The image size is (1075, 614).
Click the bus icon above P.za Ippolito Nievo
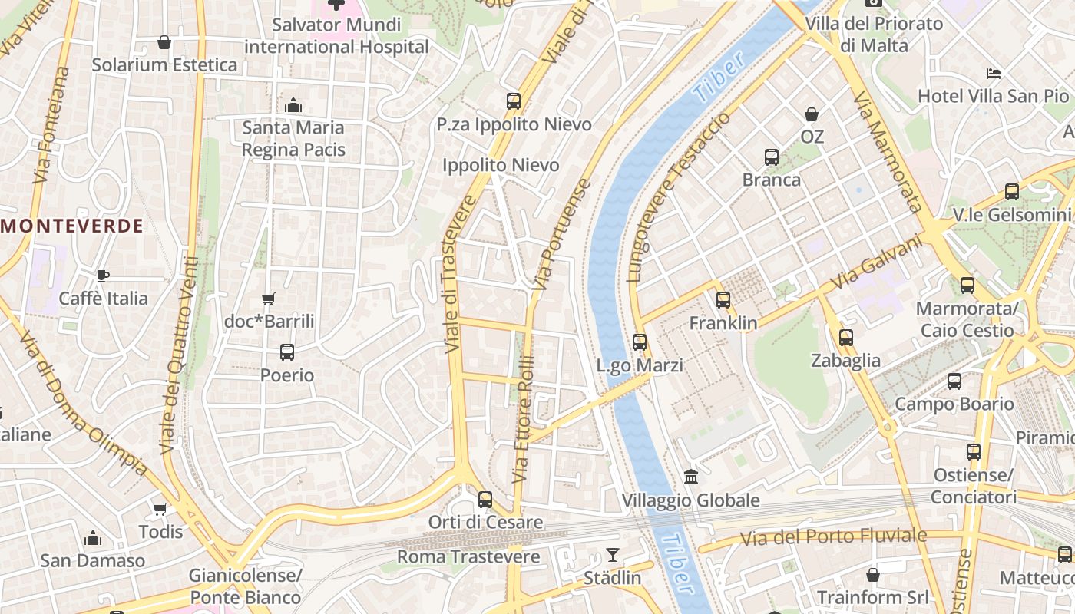pyautogui.click(x=514, y=101)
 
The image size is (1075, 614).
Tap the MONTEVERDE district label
pyautogui.click(x=73, y=226)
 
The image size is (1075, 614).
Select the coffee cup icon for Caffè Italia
pyautogui.click(x=103, y=276)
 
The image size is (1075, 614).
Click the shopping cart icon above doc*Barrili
pyautogui.click(x=268, y=299)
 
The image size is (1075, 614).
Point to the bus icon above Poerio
pyautogui.click(x=286, y=352)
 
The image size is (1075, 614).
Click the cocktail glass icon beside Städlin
pyautogui.click(x=612, y=554)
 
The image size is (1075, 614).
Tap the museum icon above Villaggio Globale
pyautogui.click(x=690, y=477)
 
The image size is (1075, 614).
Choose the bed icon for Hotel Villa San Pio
pyautogui.click(x=994, y=74)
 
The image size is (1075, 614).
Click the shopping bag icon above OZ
pyautogui.click(x=812, y=114)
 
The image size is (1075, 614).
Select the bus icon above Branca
pyautogui.click(x=772, y=157)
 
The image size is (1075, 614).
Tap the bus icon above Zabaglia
pyautogui.click(x=845, y=337)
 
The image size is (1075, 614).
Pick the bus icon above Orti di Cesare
pyautogui.click(x=485, y=499)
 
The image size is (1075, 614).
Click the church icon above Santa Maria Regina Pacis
pyautogui.click(x=293, y=105)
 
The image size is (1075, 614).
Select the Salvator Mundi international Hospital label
pyautogui.click(x=336, y=35)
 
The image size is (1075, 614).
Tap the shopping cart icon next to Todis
pyautogui.click(x=160, y=509)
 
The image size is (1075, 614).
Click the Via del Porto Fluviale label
pyautogui.click(x=833, y=536)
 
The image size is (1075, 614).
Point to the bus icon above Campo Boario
pyautogui.click(x=954, y=381)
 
